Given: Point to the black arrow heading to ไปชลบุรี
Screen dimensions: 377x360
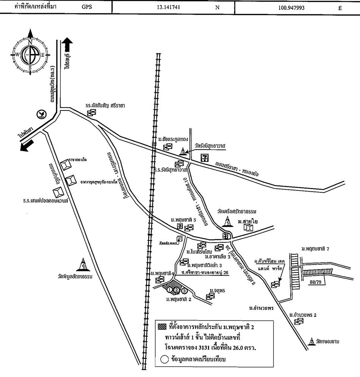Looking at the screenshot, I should pyautogui.click(x=67, y=45).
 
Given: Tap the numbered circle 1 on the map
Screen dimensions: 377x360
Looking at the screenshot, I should pyautogui.click(x=170, y=290).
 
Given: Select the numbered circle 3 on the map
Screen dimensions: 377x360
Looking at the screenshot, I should pyautogui.click(x=184, y=291).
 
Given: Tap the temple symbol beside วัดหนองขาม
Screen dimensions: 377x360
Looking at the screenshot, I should pyautogui.click(x=311, y=341).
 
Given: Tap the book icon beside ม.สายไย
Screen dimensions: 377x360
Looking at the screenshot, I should pyautogui.click(x=248, y=227).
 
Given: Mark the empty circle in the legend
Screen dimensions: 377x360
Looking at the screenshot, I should pyautogui.click(x=165, y=360).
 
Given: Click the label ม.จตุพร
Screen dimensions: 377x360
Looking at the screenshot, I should pyautogui.click(x=218, y=291).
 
